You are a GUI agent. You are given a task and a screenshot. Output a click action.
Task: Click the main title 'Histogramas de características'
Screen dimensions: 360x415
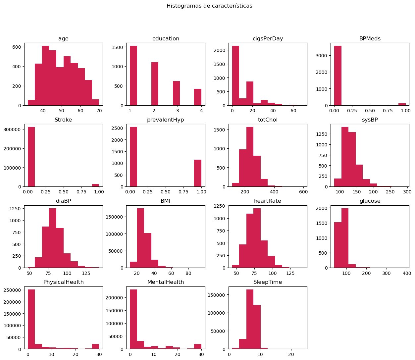[x=209, y=6]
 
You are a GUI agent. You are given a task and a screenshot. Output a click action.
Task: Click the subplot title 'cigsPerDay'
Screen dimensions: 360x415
[x=268, y=39]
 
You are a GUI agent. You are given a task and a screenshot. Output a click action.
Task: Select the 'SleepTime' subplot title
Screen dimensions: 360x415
[x=268, y=282]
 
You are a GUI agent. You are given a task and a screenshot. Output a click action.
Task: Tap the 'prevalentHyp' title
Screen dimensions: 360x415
[x=166, y=120]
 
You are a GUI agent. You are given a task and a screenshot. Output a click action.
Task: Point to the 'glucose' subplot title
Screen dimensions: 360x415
[x=370, y=201]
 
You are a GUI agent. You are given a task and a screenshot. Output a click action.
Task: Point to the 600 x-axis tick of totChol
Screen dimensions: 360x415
[x=303, y=192]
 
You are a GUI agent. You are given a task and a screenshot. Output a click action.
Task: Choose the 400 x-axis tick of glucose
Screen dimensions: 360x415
[x=407, y=273]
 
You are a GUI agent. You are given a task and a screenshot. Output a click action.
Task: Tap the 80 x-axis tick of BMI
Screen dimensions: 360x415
[x=188, y=273]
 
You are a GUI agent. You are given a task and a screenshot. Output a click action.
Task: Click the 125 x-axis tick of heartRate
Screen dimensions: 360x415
[x=290, y=273]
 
